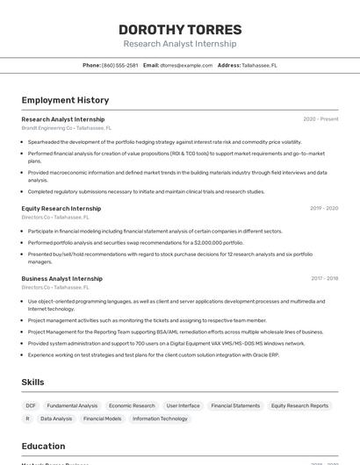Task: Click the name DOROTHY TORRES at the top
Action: coord(179,30)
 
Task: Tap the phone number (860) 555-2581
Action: coord(119,65)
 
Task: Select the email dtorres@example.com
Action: coord(186,65)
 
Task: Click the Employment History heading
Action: coord(65,100)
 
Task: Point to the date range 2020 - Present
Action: coord(320,119)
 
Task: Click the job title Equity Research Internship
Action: coord(61,209)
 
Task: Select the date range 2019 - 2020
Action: coord(323,209)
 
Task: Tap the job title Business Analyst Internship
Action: coord(61,278)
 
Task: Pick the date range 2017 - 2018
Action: coord(324,278)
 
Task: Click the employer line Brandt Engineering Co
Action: coord(47,128)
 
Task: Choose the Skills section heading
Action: coord(33,382)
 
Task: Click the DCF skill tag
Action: coord(31,405)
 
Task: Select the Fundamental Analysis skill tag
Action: coord(72,405)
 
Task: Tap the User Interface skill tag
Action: coord(183,405)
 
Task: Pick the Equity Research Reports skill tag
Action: coord(299,405)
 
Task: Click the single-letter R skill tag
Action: coord(27,418)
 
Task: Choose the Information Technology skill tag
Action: coord(160,418)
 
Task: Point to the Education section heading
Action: coord(43,446)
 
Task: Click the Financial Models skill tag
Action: coord(103,418)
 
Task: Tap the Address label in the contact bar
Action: coord(228,65)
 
